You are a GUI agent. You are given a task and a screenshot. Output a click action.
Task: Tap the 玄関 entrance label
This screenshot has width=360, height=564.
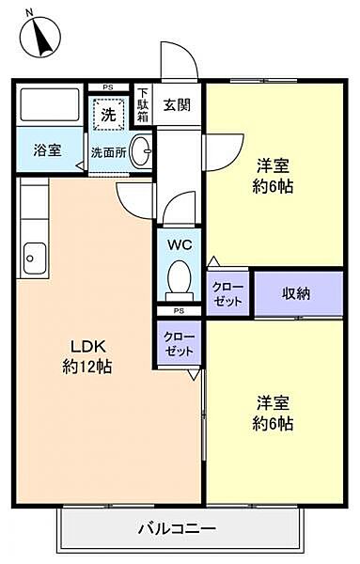coord(176,104)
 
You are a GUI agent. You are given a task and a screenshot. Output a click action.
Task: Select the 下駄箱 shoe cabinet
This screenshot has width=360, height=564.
coord(143,103)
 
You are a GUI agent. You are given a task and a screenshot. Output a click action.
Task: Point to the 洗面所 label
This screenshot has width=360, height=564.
coord(107,150)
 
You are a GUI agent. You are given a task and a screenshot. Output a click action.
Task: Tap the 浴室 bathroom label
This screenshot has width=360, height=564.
coord(47,149)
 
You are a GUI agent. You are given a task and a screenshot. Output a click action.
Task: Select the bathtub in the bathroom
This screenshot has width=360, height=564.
coord(50,105)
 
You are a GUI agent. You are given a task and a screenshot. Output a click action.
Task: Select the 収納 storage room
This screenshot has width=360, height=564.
coord(296,293)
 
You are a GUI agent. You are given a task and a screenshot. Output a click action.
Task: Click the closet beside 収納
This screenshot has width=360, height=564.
coord(228,293)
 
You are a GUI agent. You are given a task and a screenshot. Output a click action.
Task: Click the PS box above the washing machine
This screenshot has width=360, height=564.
coord(108,87)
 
